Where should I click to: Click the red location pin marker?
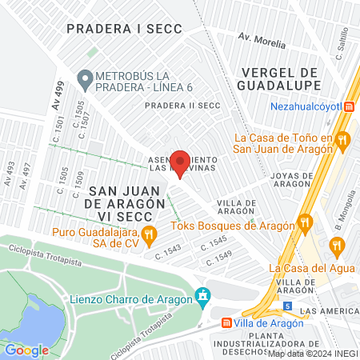pos(181,163)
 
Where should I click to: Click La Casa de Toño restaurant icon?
pos(342,140)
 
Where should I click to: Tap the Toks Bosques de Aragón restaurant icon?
pos(304,222)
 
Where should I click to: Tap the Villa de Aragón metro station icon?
pos(227,324)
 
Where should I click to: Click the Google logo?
pos(26,350)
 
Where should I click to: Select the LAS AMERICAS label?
pos(329,310)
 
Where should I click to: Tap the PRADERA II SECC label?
pos(182,105)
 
